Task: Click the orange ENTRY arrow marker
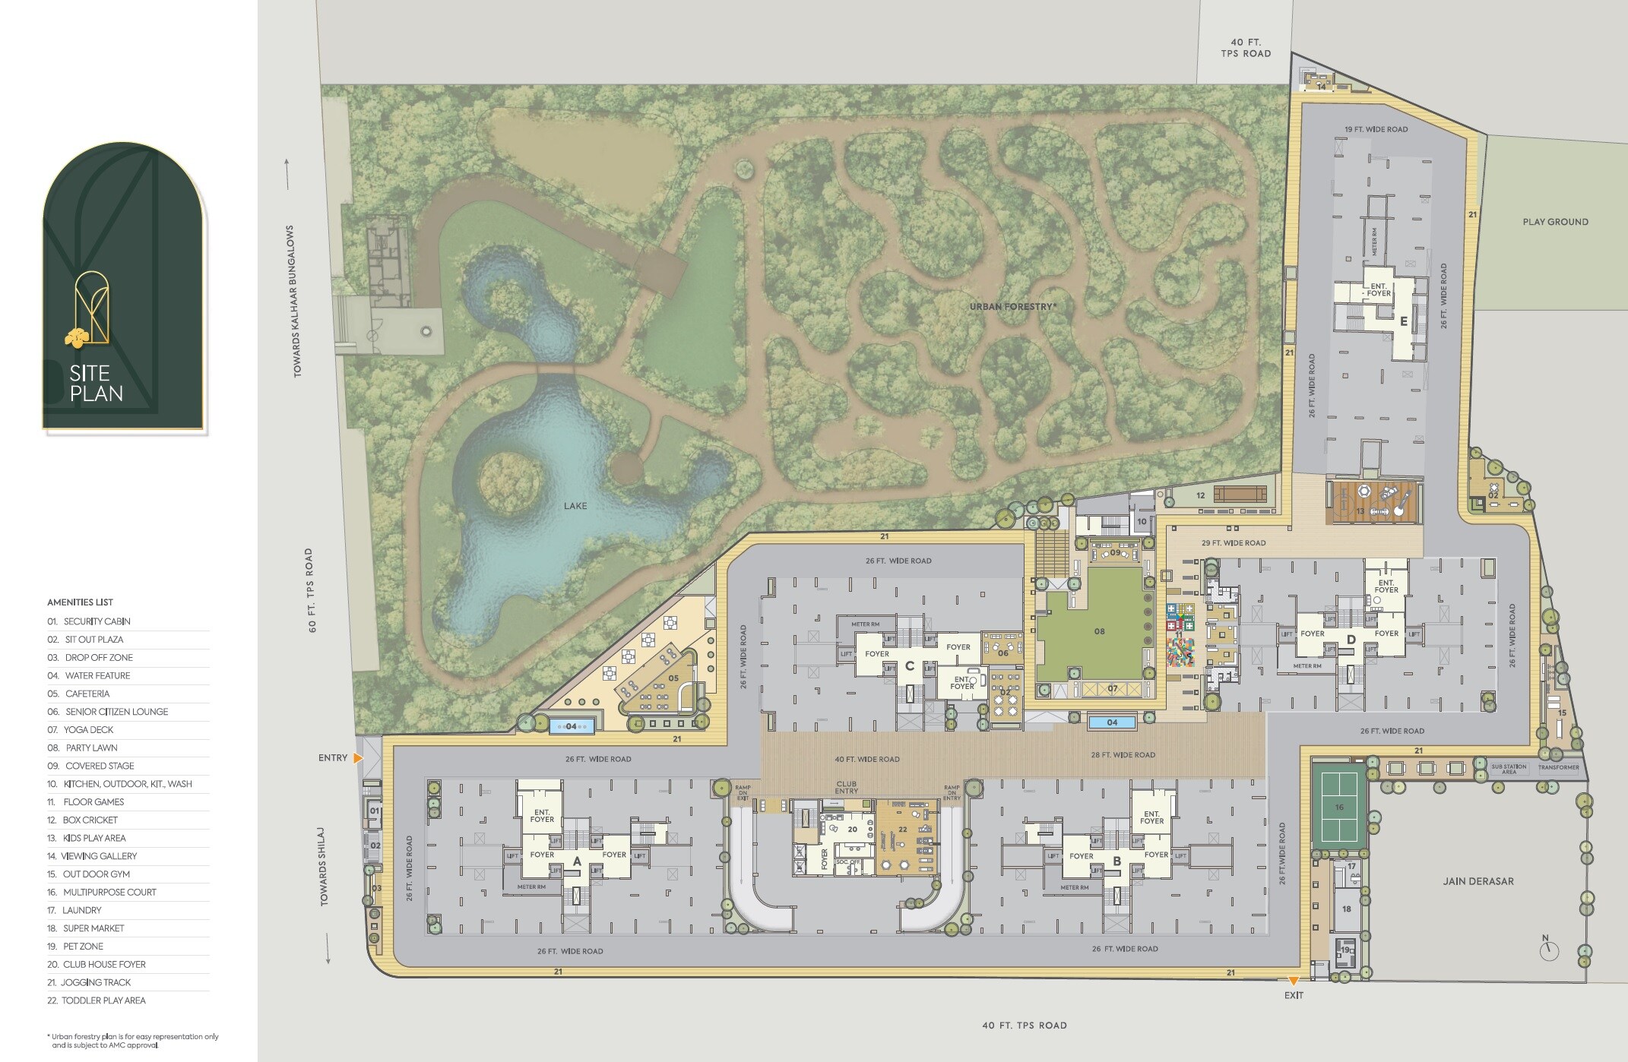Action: [358, 758]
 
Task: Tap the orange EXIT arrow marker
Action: [1293, 981]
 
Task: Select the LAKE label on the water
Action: [575, 506]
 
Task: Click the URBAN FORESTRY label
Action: [1012, 307]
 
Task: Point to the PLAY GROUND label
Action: [1555, 222]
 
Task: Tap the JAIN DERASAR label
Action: [1478, 881]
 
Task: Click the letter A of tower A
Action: [577, 861]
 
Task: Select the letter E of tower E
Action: [1404, 321]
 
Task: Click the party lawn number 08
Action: [1099, 631]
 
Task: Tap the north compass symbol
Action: [1549, 950]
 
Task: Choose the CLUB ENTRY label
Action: [846, 788]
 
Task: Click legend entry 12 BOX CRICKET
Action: [90, 820]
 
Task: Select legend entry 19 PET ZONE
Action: [83, 947]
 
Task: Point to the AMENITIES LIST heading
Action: [80, 602]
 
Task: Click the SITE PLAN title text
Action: [96, 384]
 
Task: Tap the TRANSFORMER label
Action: [1558, 767]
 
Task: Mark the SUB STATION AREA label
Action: [1509, 769]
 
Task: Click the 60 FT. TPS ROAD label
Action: [310, 590]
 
